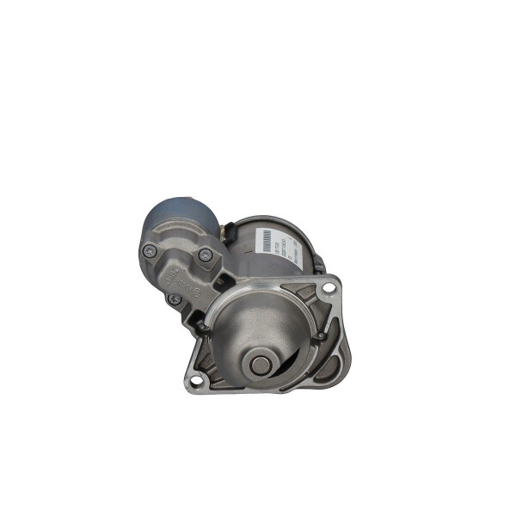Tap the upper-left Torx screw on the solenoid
coord(150,251)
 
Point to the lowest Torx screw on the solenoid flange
coord(175,298)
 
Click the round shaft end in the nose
coord(259,365)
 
